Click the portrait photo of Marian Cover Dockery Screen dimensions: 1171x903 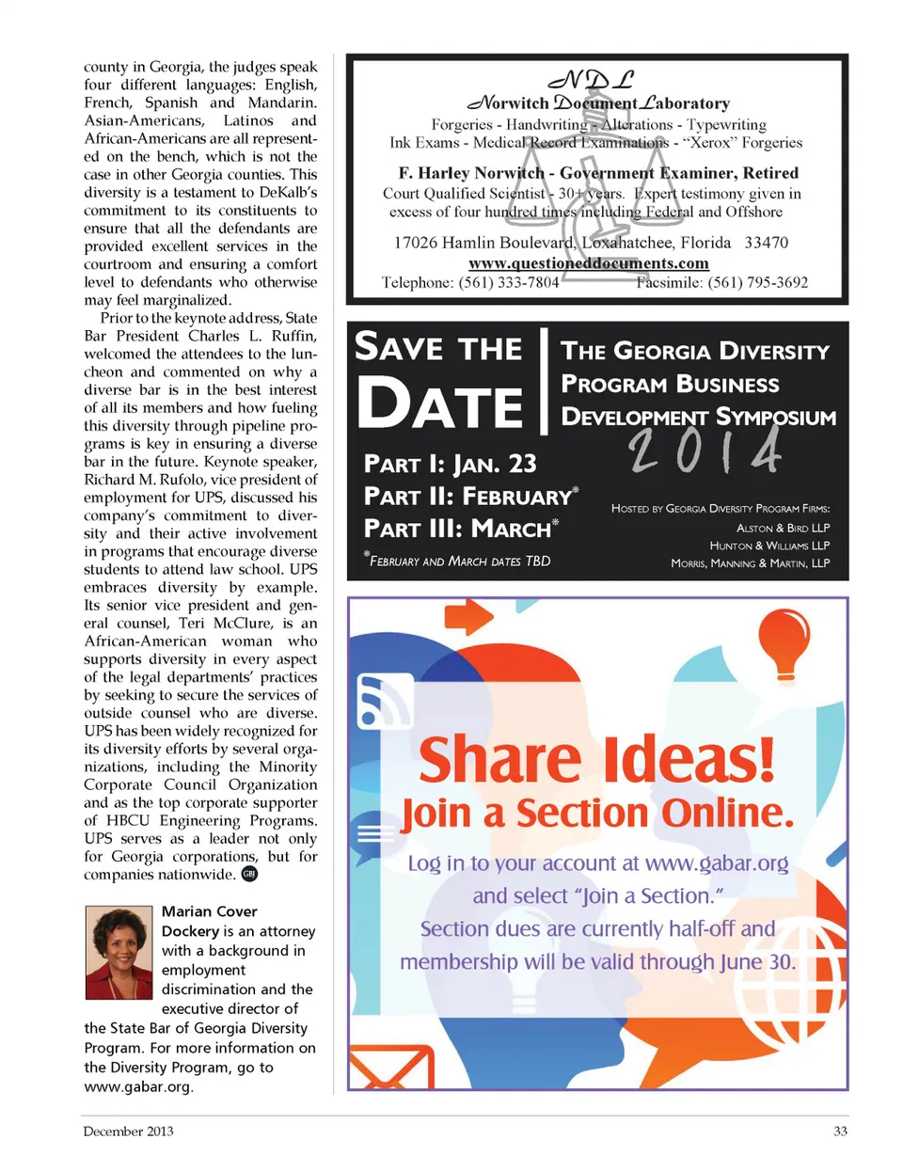(119, 952)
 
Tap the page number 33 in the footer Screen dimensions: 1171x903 (840, 1131)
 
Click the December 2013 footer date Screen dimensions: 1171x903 (128, 1131)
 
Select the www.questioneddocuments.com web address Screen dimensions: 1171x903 (589, 263)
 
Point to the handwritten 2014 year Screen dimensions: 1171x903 (705, 451)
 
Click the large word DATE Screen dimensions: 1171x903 (439, 404)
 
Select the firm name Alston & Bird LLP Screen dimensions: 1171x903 (783, 528)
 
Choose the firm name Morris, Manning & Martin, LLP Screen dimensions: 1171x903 (750, 563)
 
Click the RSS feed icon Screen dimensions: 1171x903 (385, 702)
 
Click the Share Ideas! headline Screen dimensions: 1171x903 (597, 759)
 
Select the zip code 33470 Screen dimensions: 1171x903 (766, 243)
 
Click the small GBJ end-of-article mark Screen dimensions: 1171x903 (249, 874)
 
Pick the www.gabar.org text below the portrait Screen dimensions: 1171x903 (137, 1086)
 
